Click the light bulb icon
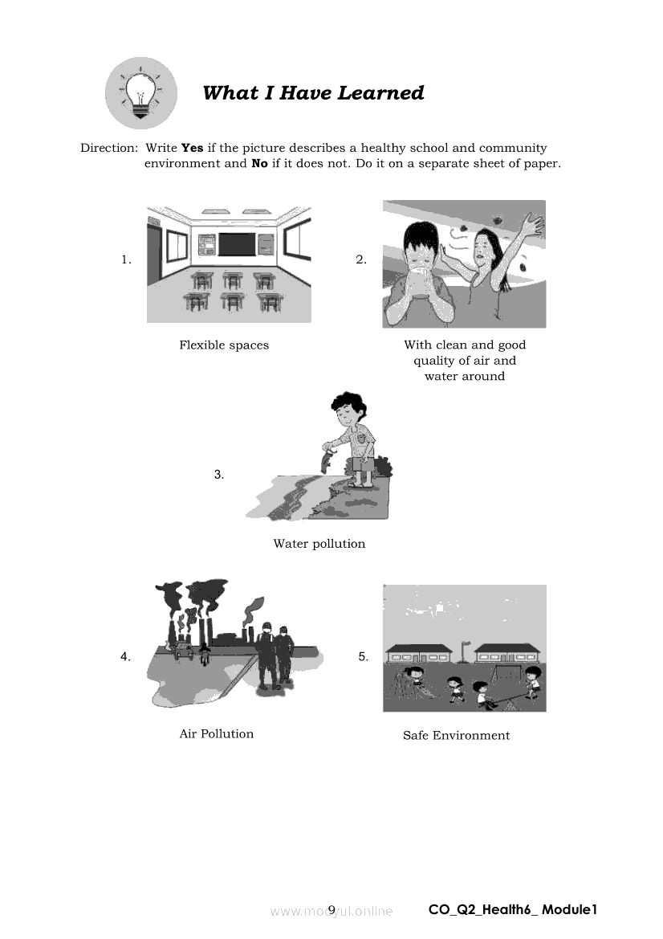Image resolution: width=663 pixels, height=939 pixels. coord(141,93)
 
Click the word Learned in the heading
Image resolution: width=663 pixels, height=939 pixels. coord(380,93)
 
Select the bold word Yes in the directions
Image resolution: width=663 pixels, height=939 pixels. coord(192,148)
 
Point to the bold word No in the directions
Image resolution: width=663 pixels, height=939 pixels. coord(259,164)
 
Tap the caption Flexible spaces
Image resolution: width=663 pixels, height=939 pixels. coord(224,345)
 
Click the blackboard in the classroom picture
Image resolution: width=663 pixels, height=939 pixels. coord(237,243)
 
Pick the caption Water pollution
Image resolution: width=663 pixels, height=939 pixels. coord(319,544)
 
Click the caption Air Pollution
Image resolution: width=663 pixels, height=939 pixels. coord(216,733)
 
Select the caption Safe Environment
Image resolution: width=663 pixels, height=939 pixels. coord(456,736)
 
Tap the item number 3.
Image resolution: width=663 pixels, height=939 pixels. coord(218,474)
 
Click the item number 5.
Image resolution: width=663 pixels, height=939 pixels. coord(364,656)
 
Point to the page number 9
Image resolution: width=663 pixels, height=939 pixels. coord(332,909)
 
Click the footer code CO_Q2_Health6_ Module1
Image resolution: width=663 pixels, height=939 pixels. coord(513,909)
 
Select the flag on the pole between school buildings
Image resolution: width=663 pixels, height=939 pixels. coord(466,644)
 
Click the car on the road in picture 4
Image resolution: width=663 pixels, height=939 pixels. coord(182,650)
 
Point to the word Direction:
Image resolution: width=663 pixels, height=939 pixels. coord(109,148)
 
